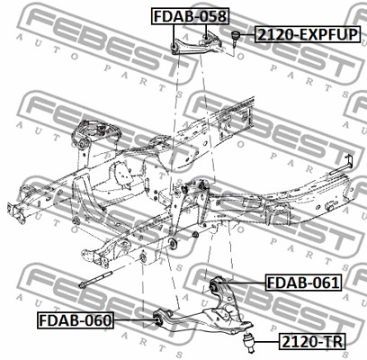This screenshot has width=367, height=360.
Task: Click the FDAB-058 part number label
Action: point(190,16)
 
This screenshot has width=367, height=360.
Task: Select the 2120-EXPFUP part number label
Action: point(308,34)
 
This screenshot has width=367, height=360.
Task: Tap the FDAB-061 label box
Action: point(303,283)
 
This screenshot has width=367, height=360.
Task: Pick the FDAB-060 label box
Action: point(76,320)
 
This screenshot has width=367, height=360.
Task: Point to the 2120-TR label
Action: point(312,341)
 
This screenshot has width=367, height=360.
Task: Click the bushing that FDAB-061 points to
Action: point(215,285)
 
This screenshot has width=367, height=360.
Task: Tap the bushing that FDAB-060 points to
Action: point(158,319)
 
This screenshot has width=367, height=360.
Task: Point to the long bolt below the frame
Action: point(95,279)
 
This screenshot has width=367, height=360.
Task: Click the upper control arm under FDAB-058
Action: point(196,44)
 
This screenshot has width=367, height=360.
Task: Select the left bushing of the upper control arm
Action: point(174,48)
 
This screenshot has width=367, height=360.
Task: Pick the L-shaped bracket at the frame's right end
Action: point(343,166)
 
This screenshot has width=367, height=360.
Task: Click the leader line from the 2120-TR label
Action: point(267,342)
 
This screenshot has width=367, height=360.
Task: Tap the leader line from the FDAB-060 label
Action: point(134,320)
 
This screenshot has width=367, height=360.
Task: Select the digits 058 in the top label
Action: point(212,16)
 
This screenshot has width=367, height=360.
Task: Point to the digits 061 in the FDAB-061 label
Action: point(326,283)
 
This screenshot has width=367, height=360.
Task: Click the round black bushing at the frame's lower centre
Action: point(174,243)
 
